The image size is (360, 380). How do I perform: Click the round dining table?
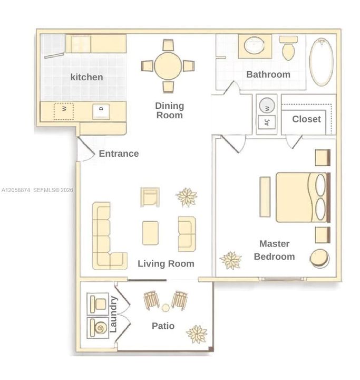point(168,66)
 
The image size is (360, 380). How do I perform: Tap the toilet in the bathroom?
point(288,48)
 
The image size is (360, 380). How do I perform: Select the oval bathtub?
point(322,62)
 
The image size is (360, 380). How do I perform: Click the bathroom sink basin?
point(254,45)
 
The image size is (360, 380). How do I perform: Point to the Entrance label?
point(119,154)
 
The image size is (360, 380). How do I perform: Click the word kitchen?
point(86,77)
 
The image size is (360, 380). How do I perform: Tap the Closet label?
point(306,119)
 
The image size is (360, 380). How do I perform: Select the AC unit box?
point(267,122)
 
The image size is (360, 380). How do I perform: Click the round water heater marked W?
point(267,106)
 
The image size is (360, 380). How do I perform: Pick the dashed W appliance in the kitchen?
point(64,111)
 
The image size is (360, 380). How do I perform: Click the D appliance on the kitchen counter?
point(101,111)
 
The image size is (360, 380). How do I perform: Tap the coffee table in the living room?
point(150,233)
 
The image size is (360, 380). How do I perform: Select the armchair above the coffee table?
point(150,197)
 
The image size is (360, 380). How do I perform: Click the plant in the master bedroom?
point(231,260)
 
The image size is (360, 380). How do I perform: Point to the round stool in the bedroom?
point(319,258)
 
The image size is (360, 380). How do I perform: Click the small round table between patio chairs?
point(166,308)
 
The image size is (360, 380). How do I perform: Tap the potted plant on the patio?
point(197,334)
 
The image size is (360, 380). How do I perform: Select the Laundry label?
point(113,315)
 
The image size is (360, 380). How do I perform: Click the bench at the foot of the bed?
point(265,197)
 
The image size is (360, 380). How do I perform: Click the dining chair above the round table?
point(168,45)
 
